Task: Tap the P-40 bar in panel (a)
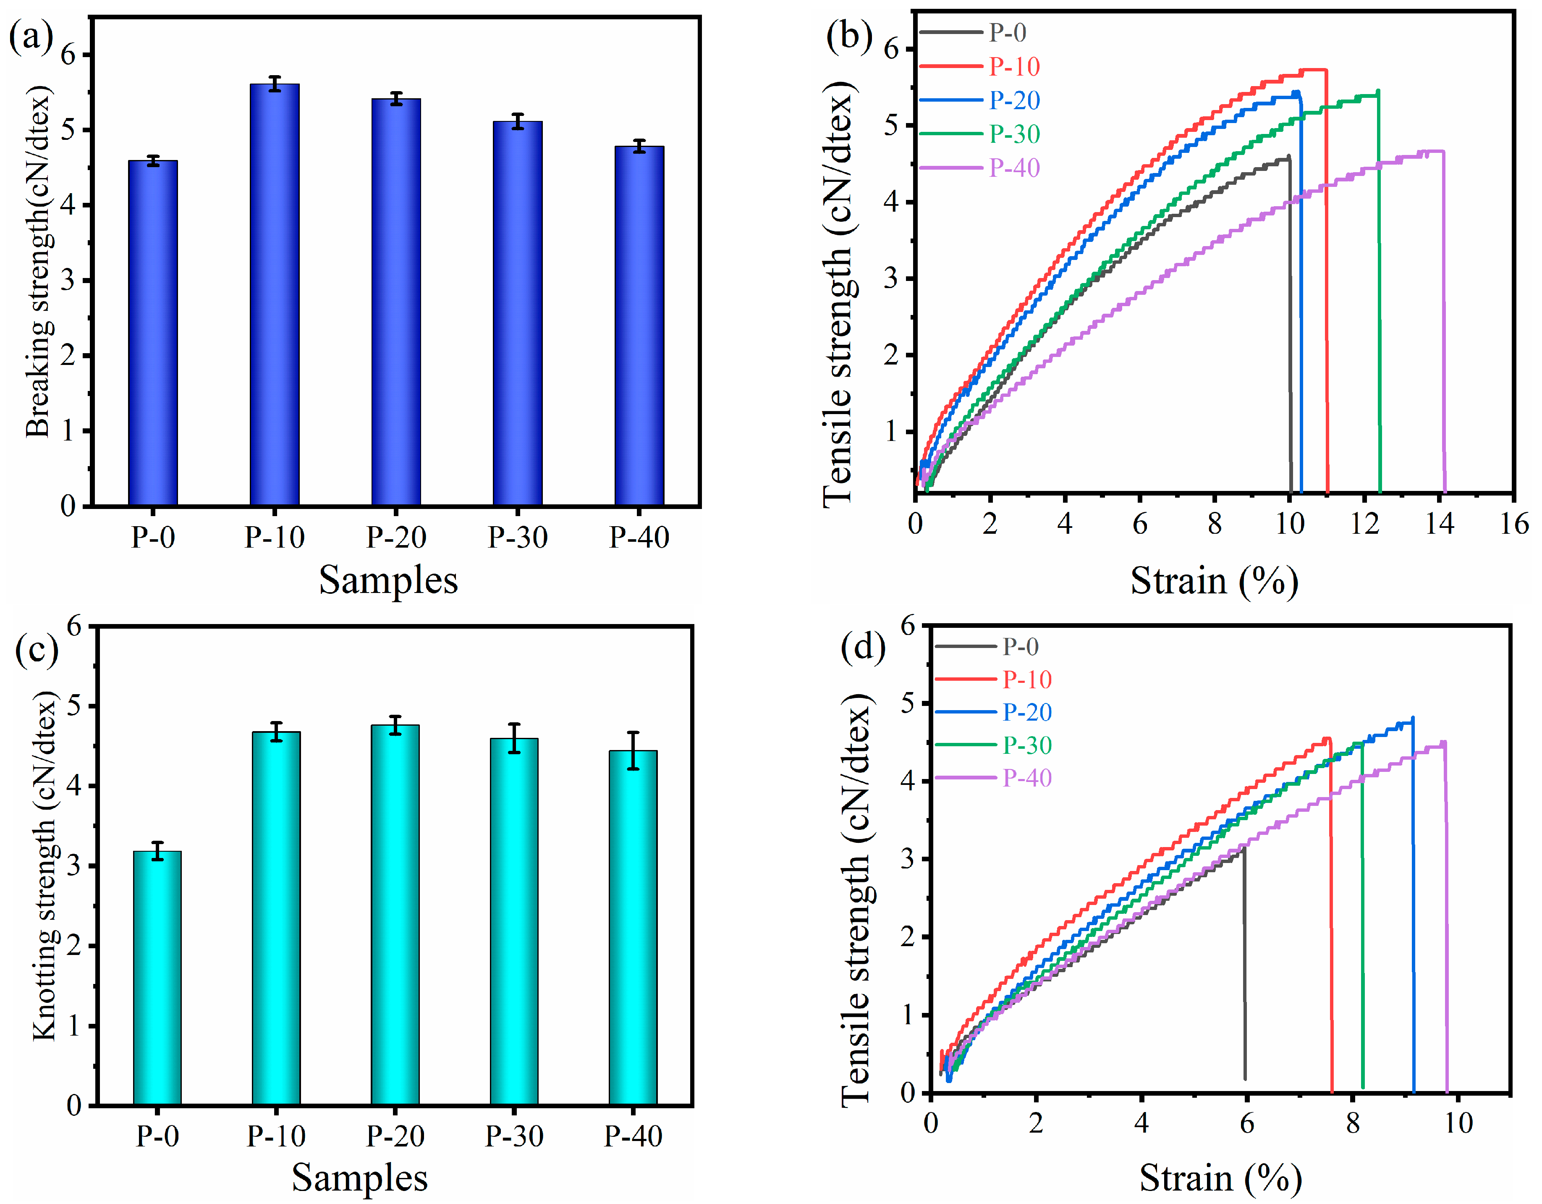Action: [639, 325]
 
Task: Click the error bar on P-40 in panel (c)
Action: [634, 750]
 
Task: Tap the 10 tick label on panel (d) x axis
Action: [1458, 1123]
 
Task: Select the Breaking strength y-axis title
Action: [38, 261]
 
